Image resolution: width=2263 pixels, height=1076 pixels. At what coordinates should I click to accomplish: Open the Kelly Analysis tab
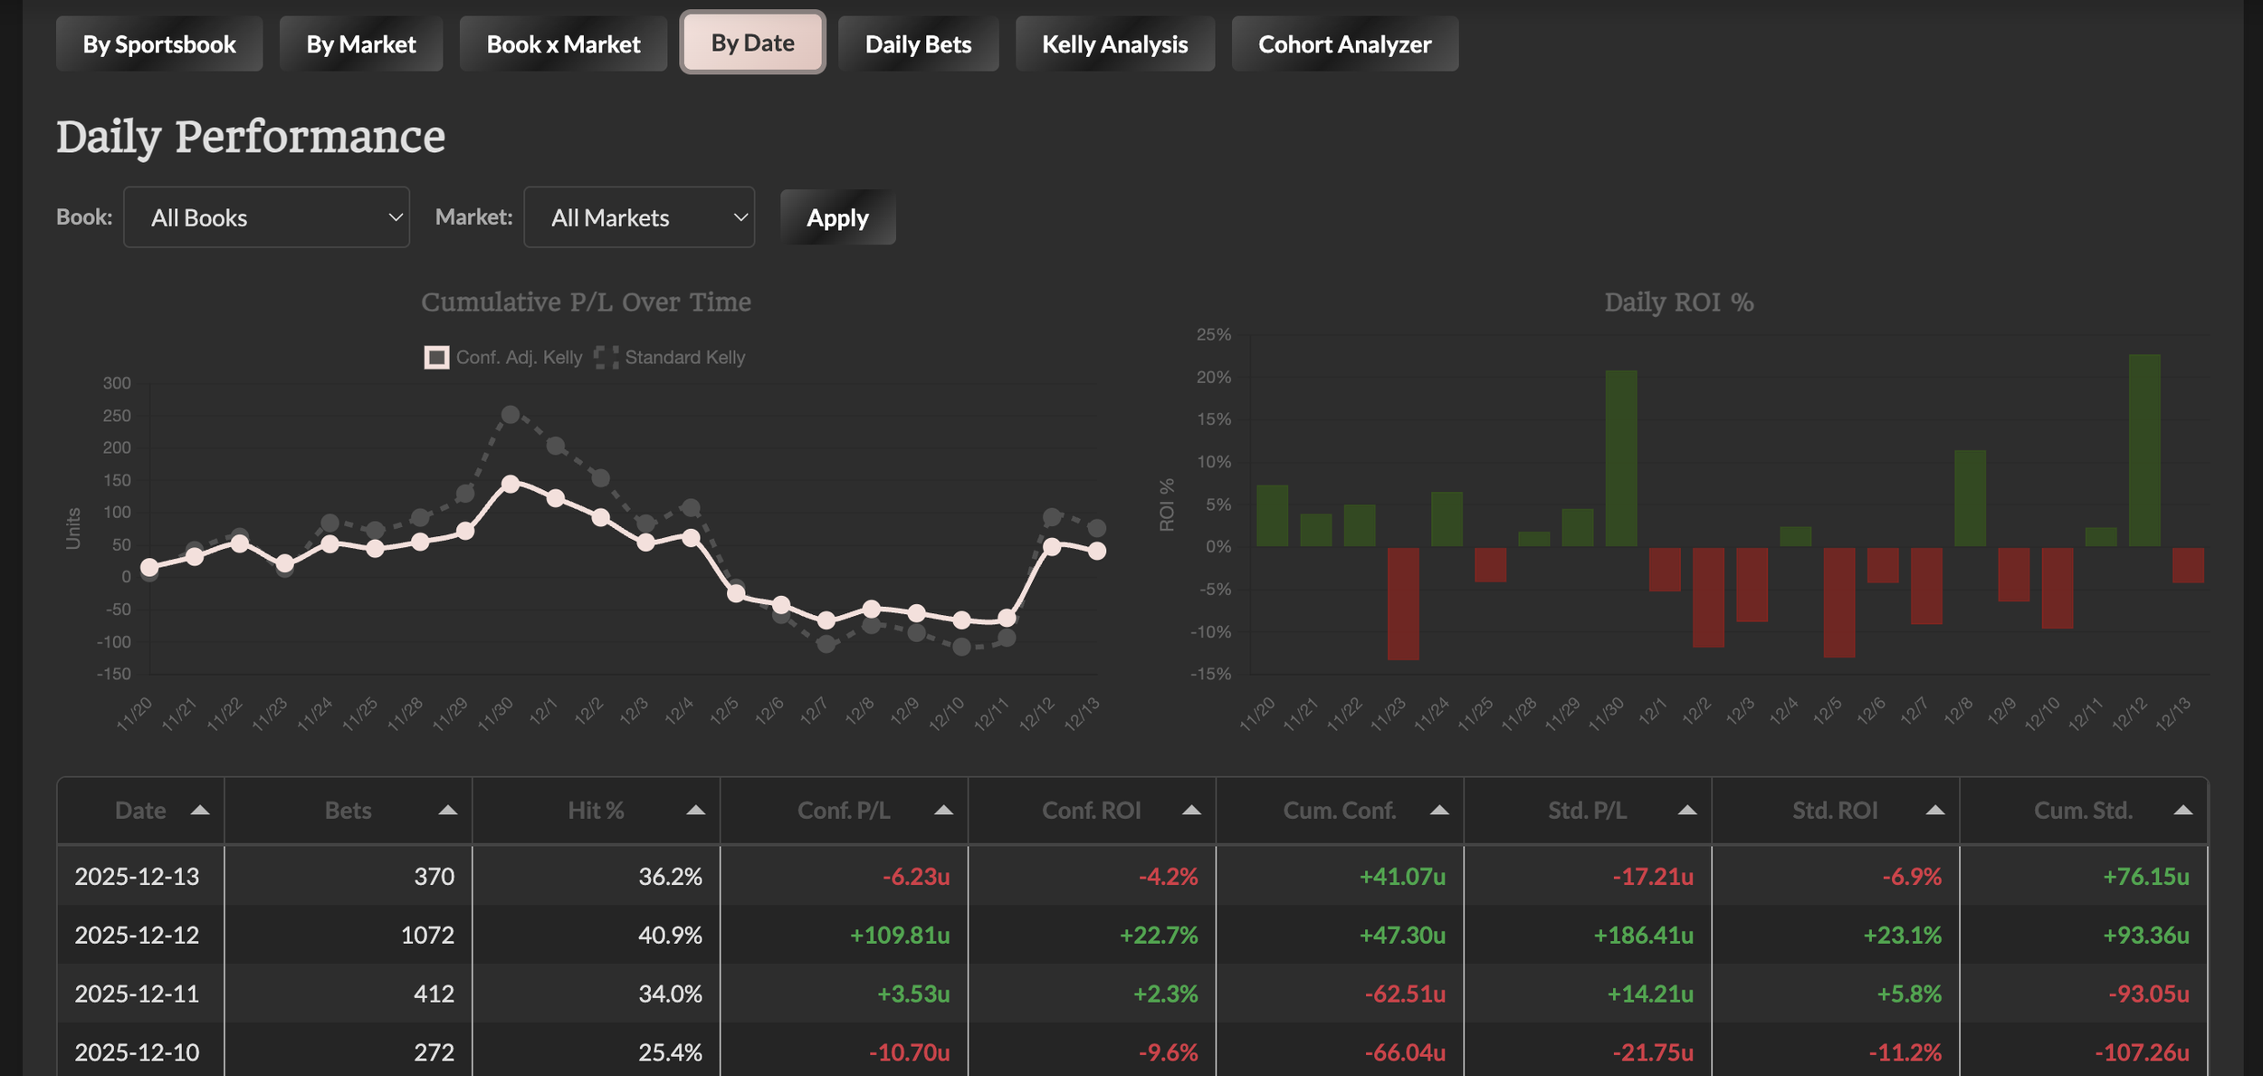[1114, 43]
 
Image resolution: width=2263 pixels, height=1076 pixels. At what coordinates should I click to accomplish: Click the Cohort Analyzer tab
[1344, 43]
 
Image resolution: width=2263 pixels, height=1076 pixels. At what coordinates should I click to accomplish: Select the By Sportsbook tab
[159, 43]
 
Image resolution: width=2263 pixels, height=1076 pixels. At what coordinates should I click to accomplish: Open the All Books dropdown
[266, 217]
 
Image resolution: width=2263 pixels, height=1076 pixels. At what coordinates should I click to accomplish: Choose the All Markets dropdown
[639, 217]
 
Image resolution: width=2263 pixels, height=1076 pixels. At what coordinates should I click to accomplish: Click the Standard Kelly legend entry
[670, 357]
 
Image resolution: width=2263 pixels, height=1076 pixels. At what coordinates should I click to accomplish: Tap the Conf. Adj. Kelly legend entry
[503, 357]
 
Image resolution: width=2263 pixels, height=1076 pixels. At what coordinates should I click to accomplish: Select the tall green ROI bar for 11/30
[1620, 458]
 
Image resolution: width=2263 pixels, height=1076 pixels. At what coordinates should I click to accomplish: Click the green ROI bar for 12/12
[2144, 450]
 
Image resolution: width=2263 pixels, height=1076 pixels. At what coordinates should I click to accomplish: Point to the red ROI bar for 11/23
[1403, 603]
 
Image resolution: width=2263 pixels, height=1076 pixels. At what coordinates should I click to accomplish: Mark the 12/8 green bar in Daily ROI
[1970, 498]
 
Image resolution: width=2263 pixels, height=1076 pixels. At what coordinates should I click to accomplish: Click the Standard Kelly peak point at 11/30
[511, 415]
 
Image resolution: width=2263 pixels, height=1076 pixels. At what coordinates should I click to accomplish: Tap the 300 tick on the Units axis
[117, 383]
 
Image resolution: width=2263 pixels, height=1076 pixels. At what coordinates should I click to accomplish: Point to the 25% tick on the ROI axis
[1214, 334]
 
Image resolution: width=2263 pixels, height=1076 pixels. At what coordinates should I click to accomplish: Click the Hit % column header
[596, 811]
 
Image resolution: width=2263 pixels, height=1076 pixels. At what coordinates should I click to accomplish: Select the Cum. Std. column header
[2083, 811]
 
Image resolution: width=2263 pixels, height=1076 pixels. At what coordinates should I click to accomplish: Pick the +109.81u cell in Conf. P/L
[900, 935]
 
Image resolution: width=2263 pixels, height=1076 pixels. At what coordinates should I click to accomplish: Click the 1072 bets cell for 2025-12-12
[427, 935]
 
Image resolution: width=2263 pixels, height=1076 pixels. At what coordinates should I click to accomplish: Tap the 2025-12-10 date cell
[137, 1052]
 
